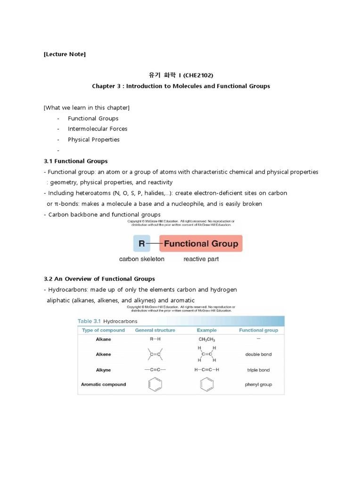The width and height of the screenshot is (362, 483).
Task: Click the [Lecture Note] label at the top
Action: [65, 54]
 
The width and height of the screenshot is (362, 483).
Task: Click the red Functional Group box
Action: [201, 244]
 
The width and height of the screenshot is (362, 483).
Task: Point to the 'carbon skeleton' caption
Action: [141, 259]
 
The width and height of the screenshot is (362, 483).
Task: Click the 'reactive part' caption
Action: [201, 259]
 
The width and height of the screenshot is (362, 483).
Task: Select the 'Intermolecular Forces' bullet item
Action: [97, 129]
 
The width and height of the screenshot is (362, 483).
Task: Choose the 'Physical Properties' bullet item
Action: [93, 140]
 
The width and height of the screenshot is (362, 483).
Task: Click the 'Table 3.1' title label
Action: [88, 321]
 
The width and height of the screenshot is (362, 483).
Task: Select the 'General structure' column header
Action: [155, 330]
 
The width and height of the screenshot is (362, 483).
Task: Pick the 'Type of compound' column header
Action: [103, 330]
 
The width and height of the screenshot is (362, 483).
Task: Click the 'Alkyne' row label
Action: [103, 370]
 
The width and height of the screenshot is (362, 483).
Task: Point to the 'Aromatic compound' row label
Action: [103, 384]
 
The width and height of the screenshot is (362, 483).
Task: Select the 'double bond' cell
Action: [258, 354]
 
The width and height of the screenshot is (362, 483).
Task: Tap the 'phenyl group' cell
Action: [258, 384]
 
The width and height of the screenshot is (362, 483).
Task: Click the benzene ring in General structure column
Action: [155, 384]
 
